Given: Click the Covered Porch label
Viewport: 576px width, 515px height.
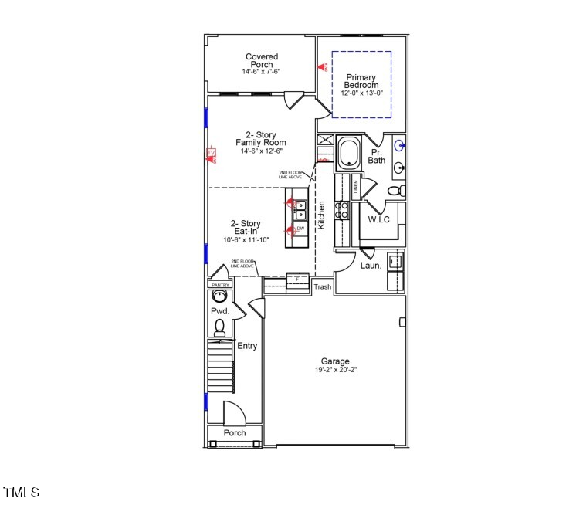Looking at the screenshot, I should [262, 60].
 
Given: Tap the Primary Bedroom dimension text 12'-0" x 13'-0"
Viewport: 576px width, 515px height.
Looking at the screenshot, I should [361, 93].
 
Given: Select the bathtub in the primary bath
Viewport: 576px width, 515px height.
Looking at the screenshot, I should [348, 152].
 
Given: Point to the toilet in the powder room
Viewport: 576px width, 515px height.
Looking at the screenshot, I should [220, 327].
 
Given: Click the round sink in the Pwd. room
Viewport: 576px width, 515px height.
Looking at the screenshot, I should [220, 296].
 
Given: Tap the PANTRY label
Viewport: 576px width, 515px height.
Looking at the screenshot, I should [220, 285].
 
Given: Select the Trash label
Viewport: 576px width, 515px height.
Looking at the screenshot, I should [322, 287].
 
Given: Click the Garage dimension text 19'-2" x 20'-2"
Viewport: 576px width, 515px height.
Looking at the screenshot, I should [335, 370].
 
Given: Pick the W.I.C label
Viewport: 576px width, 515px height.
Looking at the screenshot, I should [378, 220].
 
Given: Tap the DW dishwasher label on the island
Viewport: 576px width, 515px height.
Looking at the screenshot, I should [300, 229].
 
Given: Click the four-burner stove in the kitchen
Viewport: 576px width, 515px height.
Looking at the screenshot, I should [341, 211].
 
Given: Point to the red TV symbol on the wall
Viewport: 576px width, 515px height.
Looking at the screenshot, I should [210, 154].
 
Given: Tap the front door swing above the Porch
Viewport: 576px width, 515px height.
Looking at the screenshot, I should [234, 413].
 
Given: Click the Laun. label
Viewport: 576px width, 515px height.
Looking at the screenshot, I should [371, 266].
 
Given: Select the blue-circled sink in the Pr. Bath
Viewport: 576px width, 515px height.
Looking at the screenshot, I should [399, 144].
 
